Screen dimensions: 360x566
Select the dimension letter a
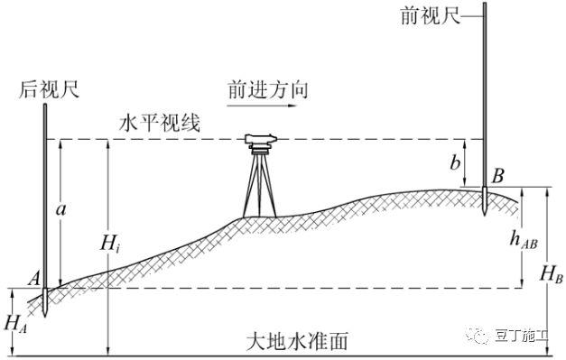point(60,209)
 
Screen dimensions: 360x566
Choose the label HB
point(552,277)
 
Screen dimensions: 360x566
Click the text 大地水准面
point(297,343)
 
